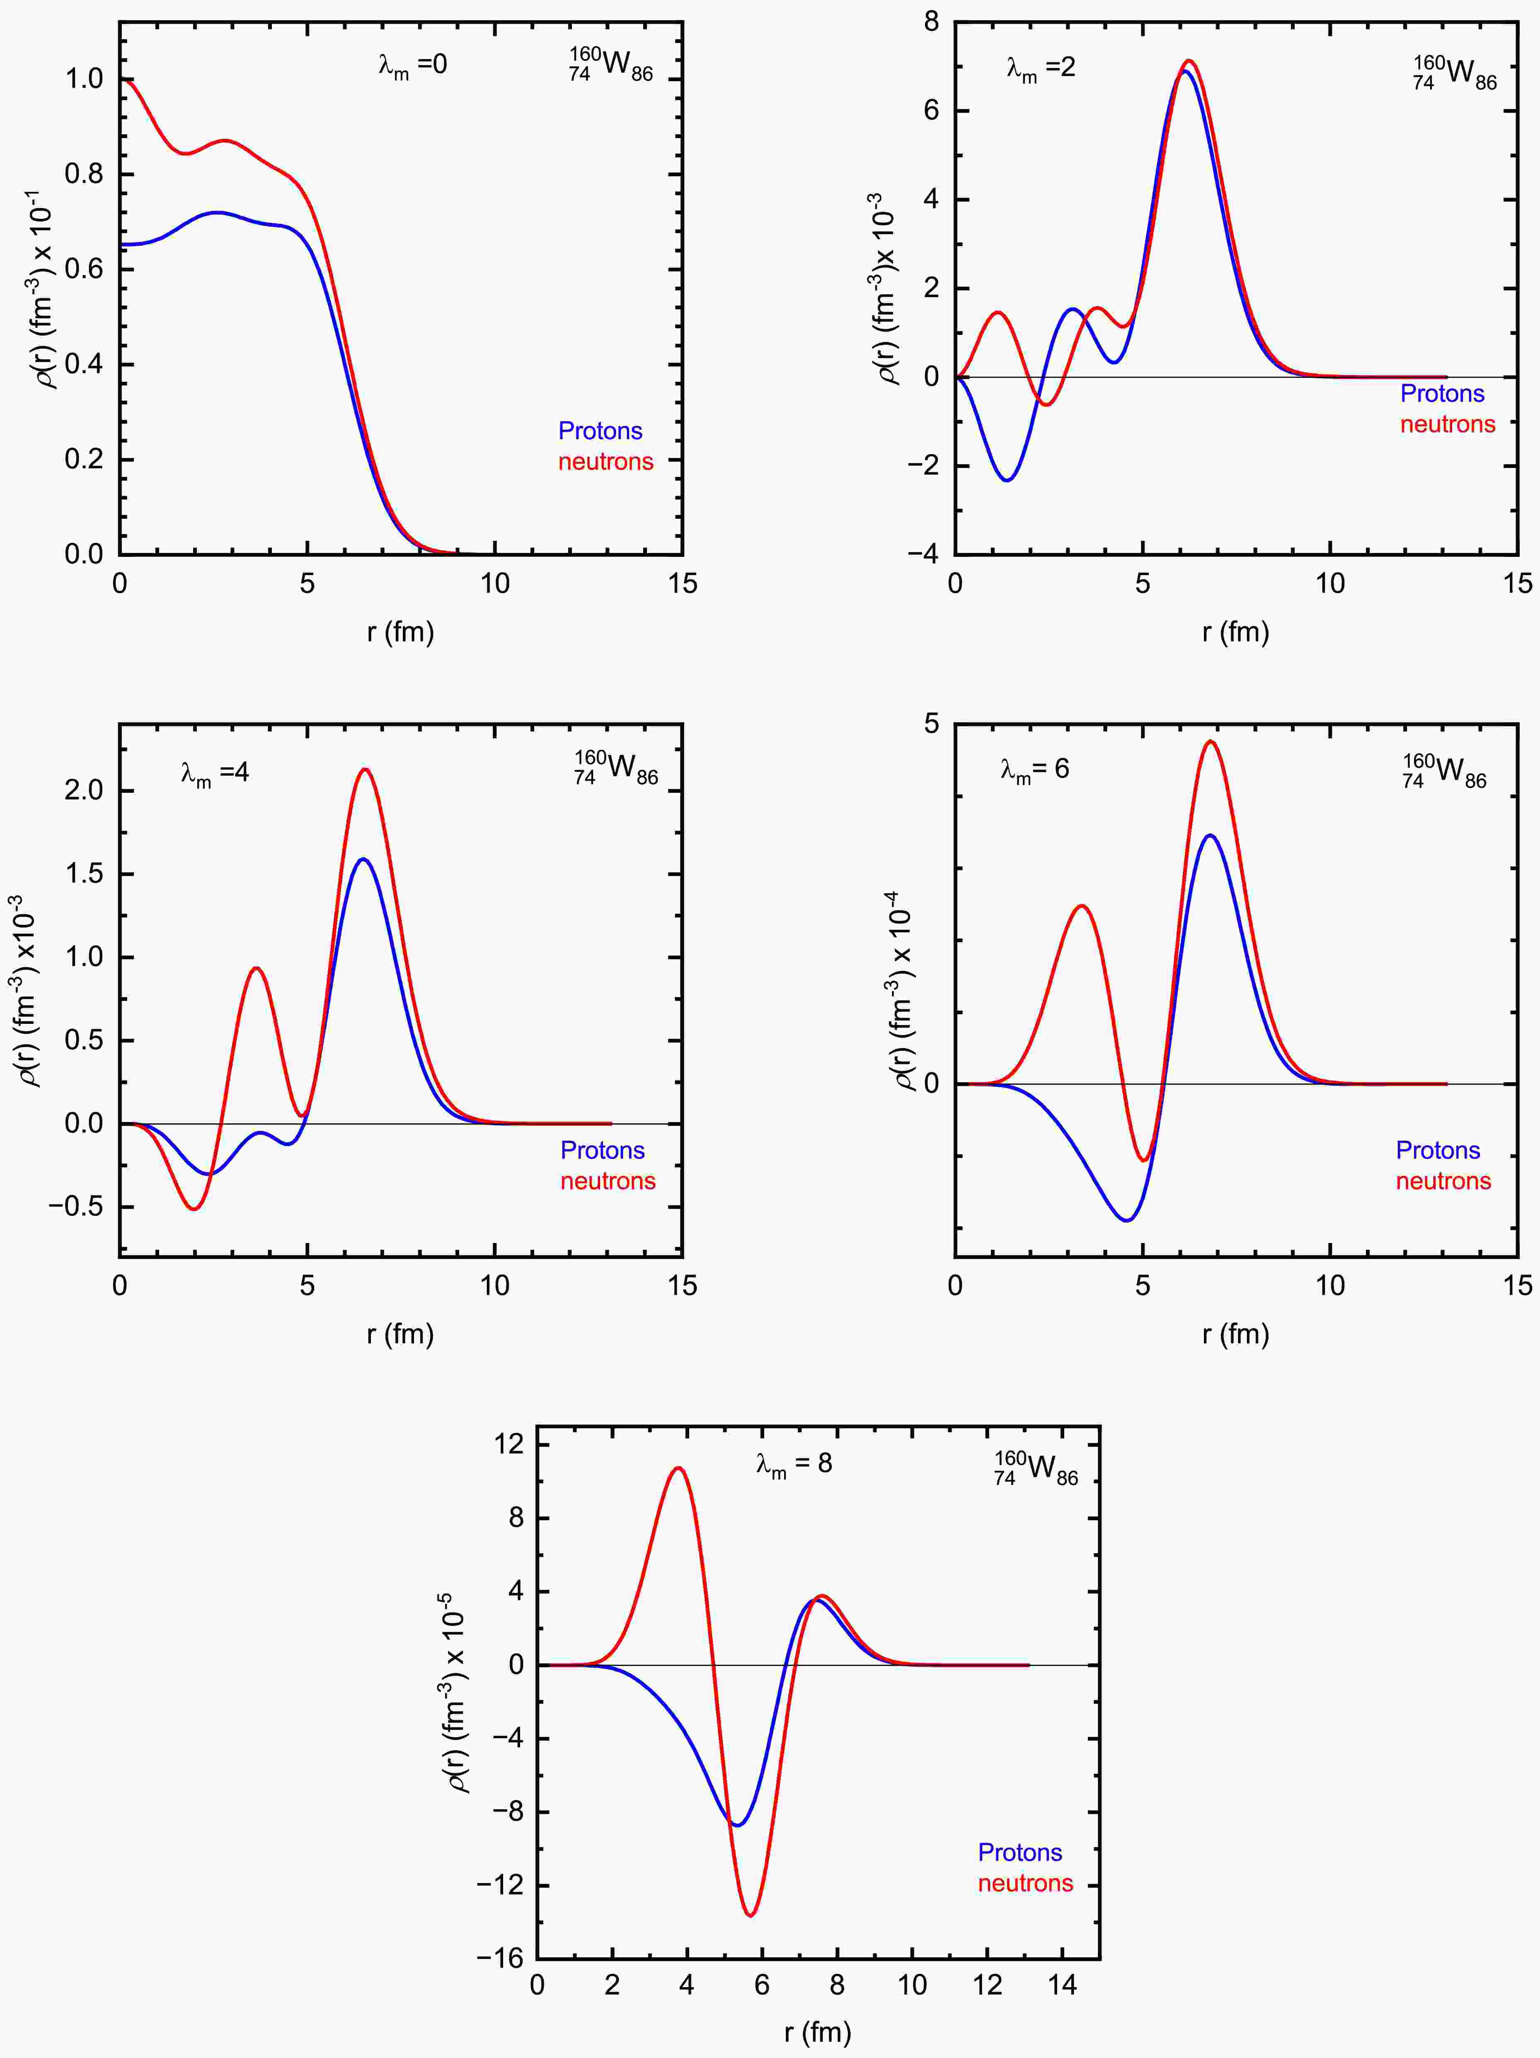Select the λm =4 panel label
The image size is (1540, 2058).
point(215,773)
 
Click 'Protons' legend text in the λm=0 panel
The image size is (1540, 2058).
point(600,431)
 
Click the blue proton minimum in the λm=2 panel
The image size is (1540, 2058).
point(1008,480)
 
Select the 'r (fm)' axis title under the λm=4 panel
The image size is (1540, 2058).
point(400,1334)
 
